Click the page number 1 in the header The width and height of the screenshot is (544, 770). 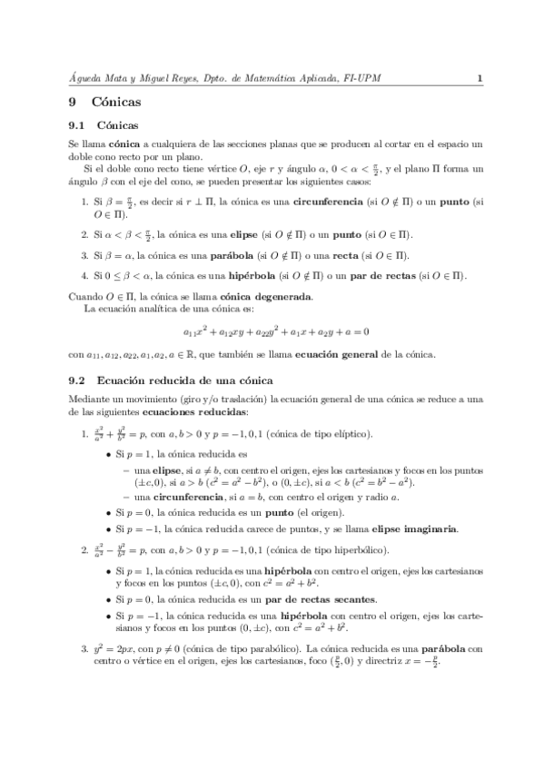[x=478, y=79]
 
